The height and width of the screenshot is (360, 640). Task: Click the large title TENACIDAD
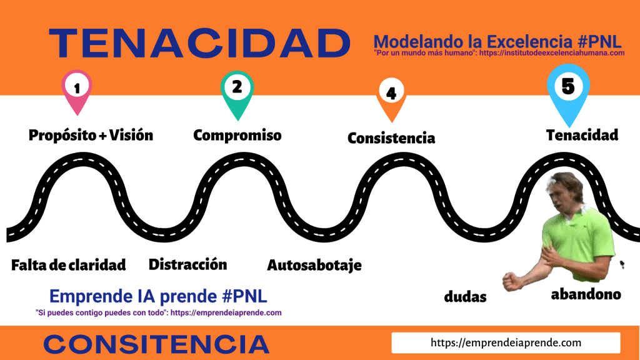click(199, 43)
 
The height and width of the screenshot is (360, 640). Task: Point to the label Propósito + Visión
click(91, 135)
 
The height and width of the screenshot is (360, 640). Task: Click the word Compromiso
click(237, 135)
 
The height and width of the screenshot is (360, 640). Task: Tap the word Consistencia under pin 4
click(391, 138)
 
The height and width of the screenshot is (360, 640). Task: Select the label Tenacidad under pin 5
click(582, 135)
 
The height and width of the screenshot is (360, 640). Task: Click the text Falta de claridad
click(69, 265)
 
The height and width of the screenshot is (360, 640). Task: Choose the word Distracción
click(187, 264)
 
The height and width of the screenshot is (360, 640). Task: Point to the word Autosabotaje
click(314, 265)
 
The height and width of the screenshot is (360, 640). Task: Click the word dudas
click(465, 297)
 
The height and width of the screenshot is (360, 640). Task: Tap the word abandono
click(586, 294)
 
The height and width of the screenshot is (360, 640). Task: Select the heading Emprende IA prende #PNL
click(158, 296)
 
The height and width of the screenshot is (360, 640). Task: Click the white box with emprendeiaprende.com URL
click(506, 342)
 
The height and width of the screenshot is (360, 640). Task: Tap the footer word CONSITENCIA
click(156, 344)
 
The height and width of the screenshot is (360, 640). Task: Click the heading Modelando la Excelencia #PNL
click(497, 42)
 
